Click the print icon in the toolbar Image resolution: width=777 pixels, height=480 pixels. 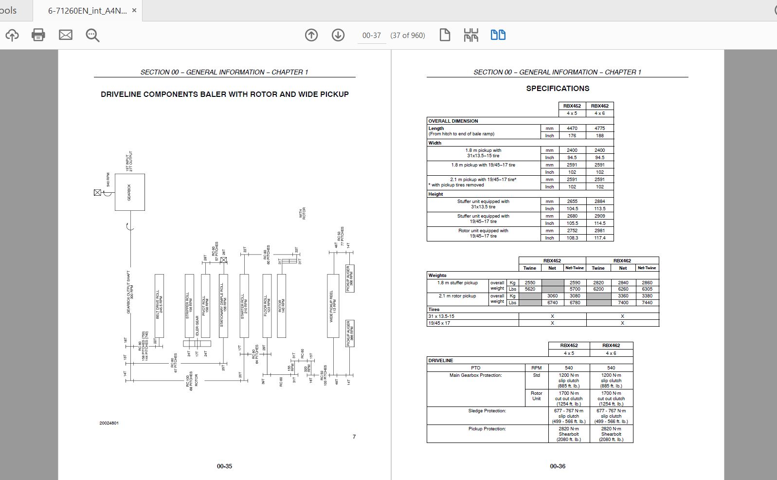tap(38, 35)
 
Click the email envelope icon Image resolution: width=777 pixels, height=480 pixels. tap(66, 35)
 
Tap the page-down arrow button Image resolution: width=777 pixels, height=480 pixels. tap(338, 35)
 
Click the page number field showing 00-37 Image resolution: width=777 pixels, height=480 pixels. tap(371, 36)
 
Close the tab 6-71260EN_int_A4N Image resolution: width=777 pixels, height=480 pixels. tap(134, 10)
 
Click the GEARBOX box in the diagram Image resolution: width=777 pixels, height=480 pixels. tap(129, 192)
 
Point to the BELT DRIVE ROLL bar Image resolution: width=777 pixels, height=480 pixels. tap(159, 305)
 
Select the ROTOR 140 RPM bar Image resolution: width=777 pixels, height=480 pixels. tap(281, 305)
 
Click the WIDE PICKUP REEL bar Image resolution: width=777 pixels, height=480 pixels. tap(333, 305)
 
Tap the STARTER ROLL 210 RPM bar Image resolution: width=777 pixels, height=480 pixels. tap(244, 305)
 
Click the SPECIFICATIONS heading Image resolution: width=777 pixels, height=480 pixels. tap(558, 89)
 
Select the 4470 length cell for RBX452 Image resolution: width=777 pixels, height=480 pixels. tap(572, 129)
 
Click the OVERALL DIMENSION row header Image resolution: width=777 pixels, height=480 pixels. tap(453, 121)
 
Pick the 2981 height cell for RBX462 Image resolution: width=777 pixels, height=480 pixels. tap(599, 231)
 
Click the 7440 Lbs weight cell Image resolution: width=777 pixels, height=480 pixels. tap(647, 303)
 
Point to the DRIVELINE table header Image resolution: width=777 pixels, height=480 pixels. tap(440, 361)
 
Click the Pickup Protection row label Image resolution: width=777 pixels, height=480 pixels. tap(487, 429)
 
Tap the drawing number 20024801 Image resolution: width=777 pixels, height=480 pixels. tap(109, 423)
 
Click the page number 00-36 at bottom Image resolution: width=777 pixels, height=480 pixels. tap(558, 466)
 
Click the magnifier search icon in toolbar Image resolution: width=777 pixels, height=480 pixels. tap(92, 35)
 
